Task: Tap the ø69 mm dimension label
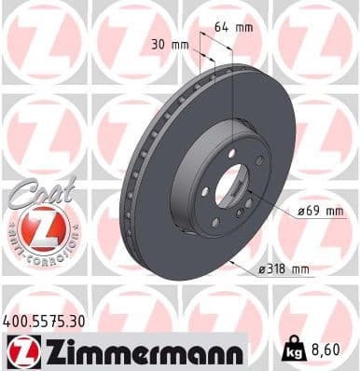(x=320, y=212)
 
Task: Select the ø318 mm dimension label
(x=283, y=269)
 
